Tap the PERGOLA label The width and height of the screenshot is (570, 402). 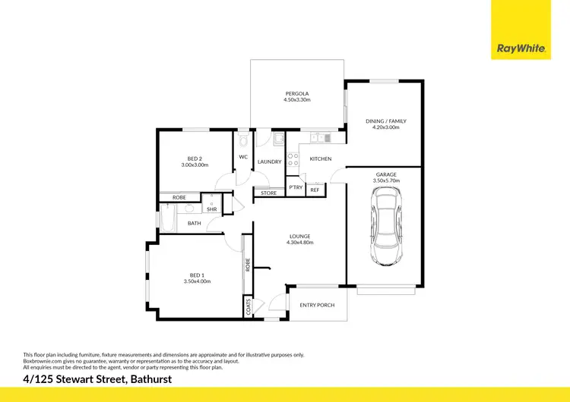point(297,93)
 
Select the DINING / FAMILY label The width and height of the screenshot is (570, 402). point(386,121)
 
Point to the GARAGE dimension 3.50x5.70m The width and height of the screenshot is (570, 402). point(386,181)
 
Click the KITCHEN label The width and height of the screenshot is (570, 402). point(321,159)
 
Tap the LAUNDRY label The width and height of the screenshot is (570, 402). point(270,162)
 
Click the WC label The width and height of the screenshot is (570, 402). point(243,157)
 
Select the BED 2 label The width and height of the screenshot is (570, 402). point(195,158)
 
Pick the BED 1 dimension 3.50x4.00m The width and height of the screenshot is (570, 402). point(196,281)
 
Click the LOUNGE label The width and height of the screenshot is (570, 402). point(299,236)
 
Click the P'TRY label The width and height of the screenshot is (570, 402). point(296,187)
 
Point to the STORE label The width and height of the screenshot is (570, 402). point(269,193)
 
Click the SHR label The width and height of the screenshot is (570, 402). point(211,209)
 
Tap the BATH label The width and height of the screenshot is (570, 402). point(195,223)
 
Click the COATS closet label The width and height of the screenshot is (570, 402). point(249,306)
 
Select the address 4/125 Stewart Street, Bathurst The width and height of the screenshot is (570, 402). point(97,378)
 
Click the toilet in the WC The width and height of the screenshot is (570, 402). point(242,140)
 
